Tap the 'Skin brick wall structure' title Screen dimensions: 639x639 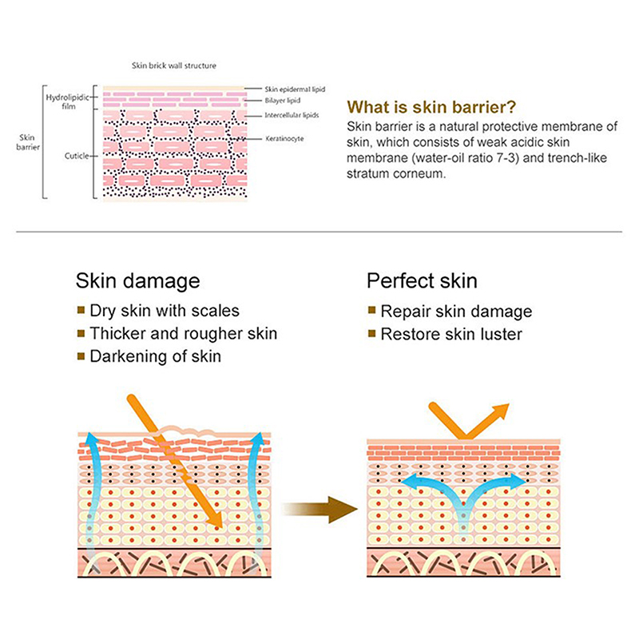tap(174, 65)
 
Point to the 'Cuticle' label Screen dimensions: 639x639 tap(77, 156)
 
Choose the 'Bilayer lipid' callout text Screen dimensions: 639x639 tap(282, 101)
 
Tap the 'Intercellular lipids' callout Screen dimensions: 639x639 tap(292, 116)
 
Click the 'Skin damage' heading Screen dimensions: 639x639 tap(137, 281)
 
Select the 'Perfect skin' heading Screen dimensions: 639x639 tap(422, 281)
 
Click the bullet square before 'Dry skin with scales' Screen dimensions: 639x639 tap(80, 310)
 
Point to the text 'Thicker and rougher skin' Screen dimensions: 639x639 tap(184, 333)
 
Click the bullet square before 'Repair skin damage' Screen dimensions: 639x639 tap(371, 311)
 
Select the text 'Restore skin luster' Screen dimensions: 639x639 tap(451, 334)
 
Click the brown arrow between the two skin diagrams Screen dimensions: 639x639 tap(319, 508)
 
